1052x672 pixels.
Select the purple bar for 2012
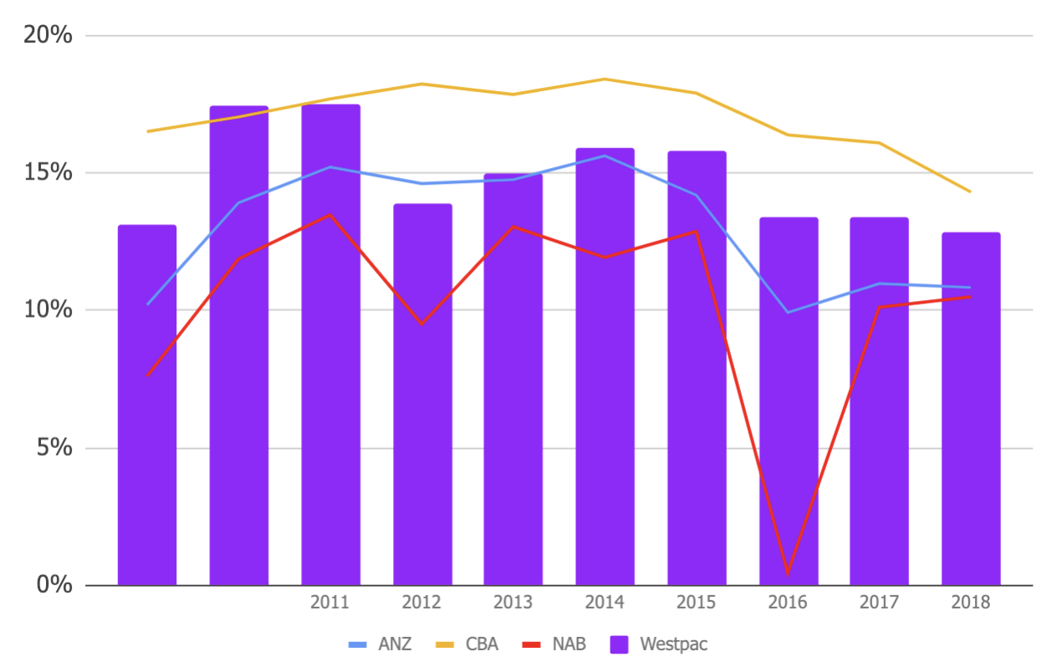(422, 394)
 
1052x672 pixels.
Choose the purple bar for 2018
(970, 409)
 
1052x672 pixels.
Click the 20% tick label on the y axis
(49, 36)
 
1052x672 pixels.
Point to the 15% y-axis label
(49, 173)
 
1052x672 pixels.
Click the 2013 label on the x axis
(513, 603)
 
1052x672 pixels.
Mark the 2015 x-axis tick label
(696, 603)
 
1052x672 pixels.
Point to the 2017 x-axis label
(878, 603)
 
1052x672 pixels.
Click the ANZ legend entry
(380, 644)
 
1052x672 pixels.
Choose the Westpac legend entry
(659, 644)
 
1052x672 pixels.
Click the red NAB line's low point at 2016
(788, 573)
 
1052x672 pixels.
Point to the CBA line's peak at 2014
(605, 79)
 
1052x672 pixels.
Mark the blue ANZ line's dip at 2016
(788, 313)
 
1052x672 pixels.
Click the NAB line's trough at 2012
(422, 324)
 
